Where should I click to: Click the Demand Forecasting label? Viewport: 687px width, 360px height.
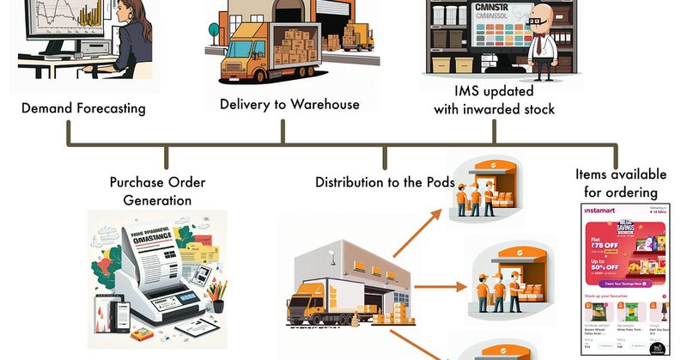click(x=83, y=108)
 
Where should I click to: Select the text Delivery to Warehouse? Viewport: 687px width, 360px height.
click(x=289, y=104)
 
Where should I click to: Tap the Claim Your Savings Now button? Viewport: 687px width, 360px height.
click(x=624, y=284)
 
